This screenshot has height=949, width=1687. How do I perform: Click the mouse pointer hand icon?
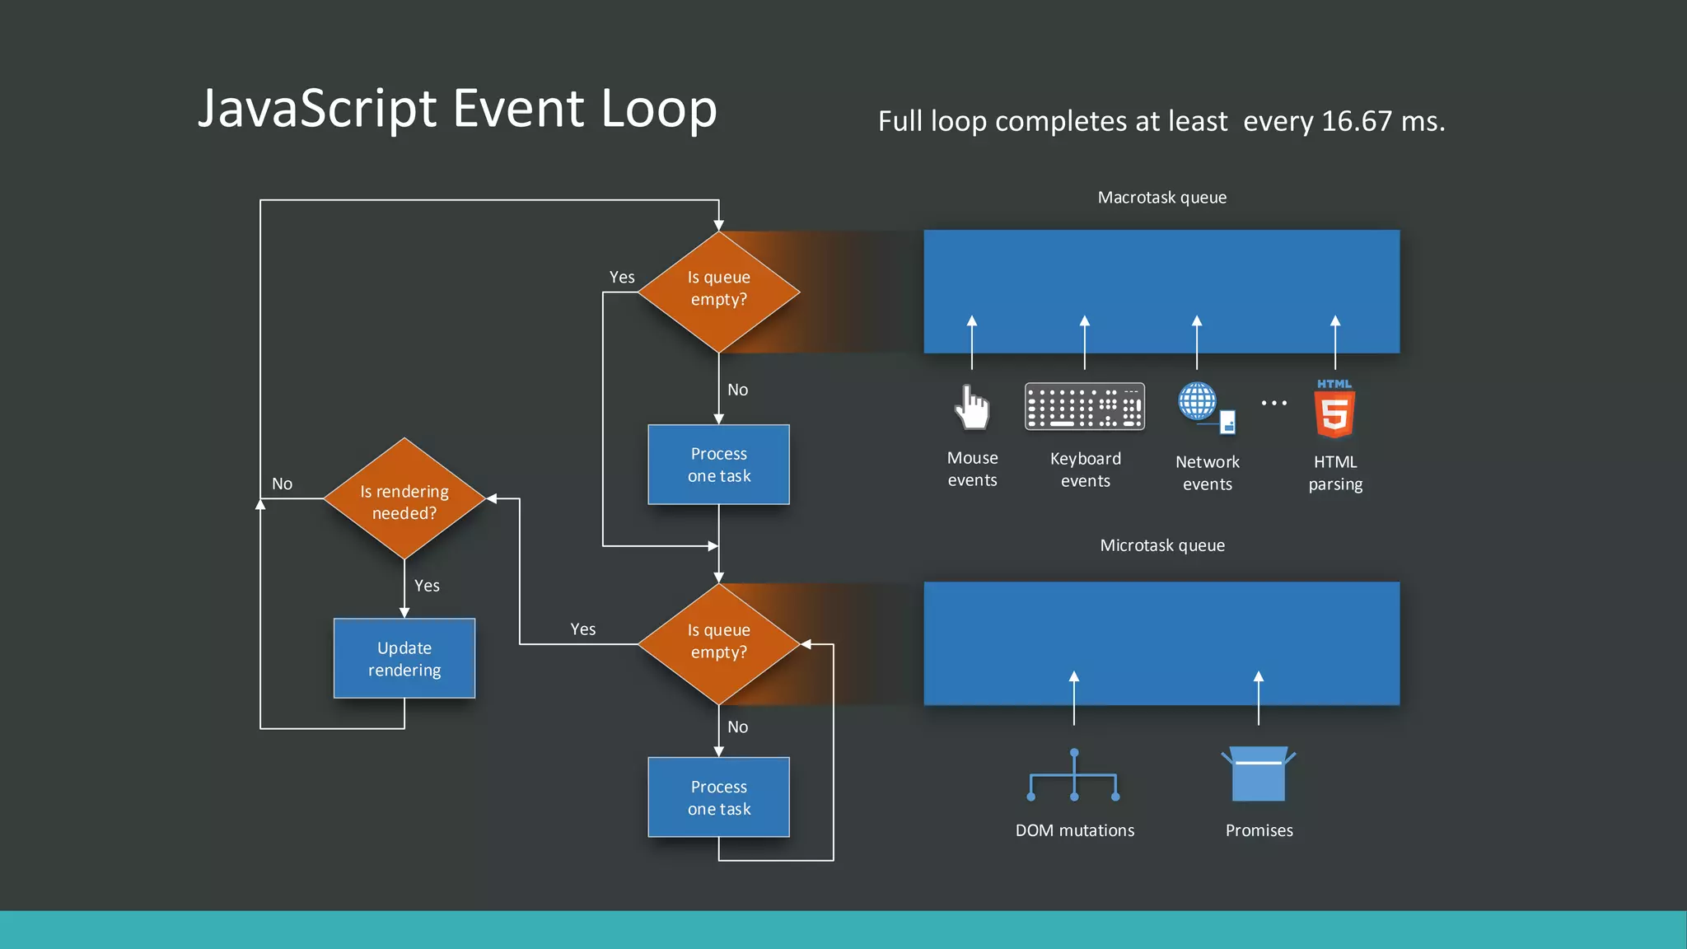coord(973,407)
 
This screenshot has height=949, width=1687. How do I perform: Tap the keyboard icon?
coord(1084,406)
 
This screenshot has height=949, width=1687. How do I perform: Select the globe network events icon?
coord(1199,403)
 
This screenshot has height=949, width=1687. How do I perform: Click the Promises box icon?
coord(1259,774)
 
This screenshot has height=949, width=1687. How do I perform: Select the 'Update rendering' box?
coord(404,658)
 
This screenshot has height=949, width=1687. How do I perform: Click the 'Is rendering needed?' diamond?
coord(404,499)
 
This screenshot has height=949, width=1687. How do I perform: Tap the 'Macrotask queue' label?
coord(1161,198)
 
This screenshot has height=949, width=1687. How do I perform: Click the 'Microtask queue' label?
coord(1161,545)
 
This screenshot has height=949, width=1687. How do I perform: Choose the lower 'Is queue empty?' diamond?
coord(719,643)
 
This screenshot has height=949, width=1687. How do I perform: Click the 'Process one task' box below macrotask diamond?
coord(719,465)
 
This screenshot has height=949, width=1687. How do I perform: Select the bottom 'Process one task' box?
coord(719,797)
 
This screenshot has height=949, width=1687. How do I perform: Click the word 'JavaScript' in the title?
coord(318,110)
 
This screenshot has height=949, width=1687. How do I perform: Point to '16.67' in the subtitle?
coord(1356,122)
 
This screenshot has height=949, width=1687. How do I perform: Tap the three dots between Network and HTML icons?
coord(1273,403)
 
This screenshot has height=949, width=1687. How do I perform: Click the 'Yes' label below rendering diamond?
coord(427,586)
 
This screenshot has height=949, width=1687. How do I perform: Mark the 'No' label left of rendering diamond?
coord(282,484)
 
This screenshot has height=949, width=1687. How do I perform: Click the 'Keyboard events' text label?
coord(1086,470)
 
